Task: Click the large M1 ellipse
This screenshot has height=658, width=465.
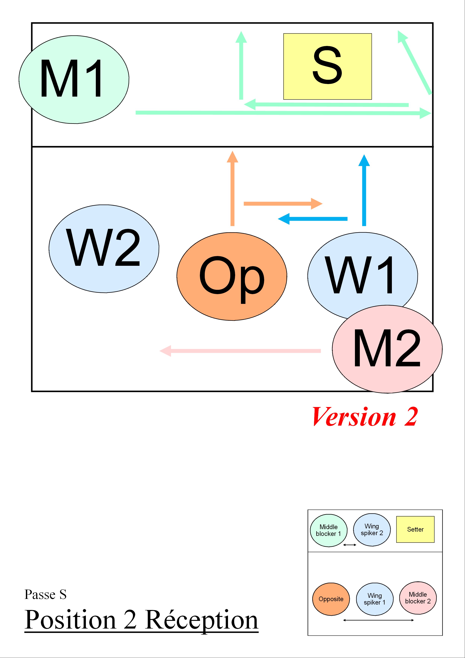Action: coord(74,80)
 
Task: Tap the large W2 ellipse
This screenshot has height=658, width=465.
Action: coord(104,249)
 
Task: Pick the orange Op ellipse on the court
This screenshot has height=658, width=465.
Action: coord(232,276)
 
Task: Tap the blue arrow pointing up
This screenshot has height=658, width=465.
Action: coord(364,190)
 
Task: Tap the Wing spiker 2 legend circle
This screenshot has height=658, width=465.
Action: coord(372,530)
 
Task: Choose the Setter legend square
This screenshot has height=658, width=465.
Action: coord(415,529)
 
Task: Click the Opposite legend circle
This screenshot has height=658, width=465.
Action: coord(331,599)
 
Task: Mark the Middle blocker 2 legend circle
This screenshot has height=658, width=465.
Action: coord(418,598)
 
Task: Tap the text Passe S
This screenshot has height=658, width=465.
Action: coord(46,594)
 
